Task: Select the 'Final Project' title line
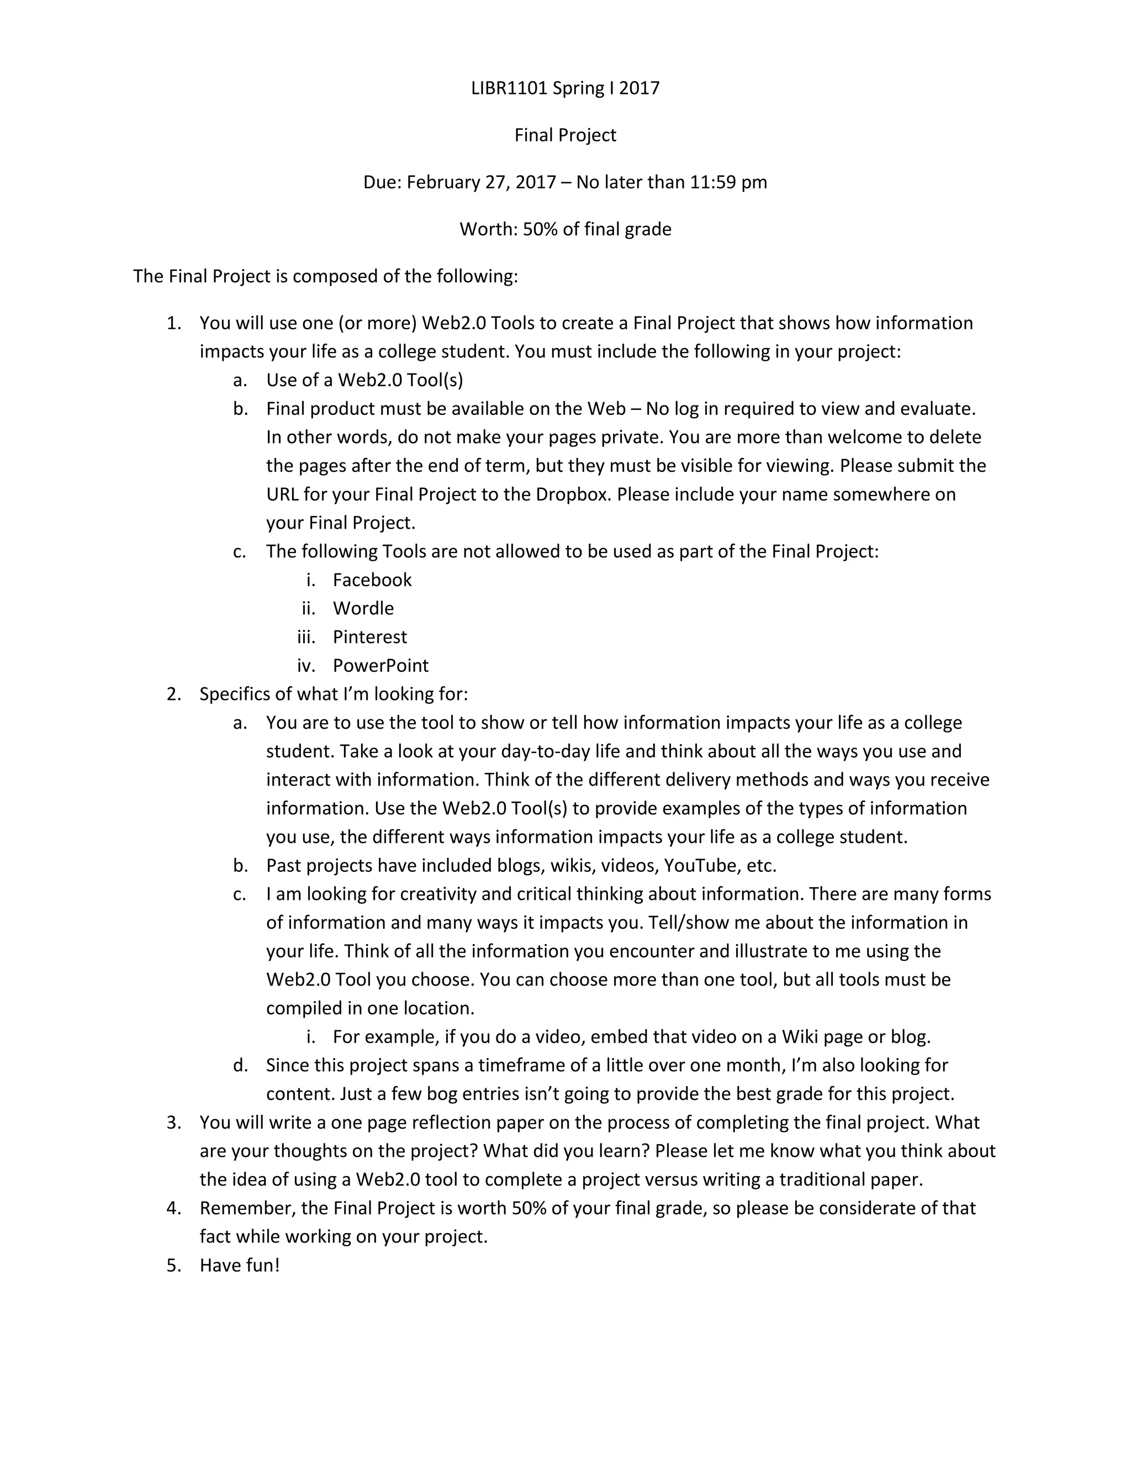click(565, 135)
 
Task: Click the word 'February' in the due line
click(443, 182)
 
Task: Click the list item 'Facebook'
click(372, 580)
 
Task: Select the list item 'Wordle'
click(363, 609)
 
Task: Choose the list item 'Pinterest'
click(370, 637)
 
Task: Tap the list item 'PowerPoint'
click(380, 666)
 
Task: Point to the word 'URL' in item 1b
click(282, 494)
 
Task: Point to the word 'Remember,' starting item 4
click(247, 1208)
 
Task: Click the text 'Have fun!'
click(239, 1266)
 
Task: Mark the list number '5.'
click(173, 1266)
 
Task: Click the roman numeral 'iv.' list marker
click(305, 666)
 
